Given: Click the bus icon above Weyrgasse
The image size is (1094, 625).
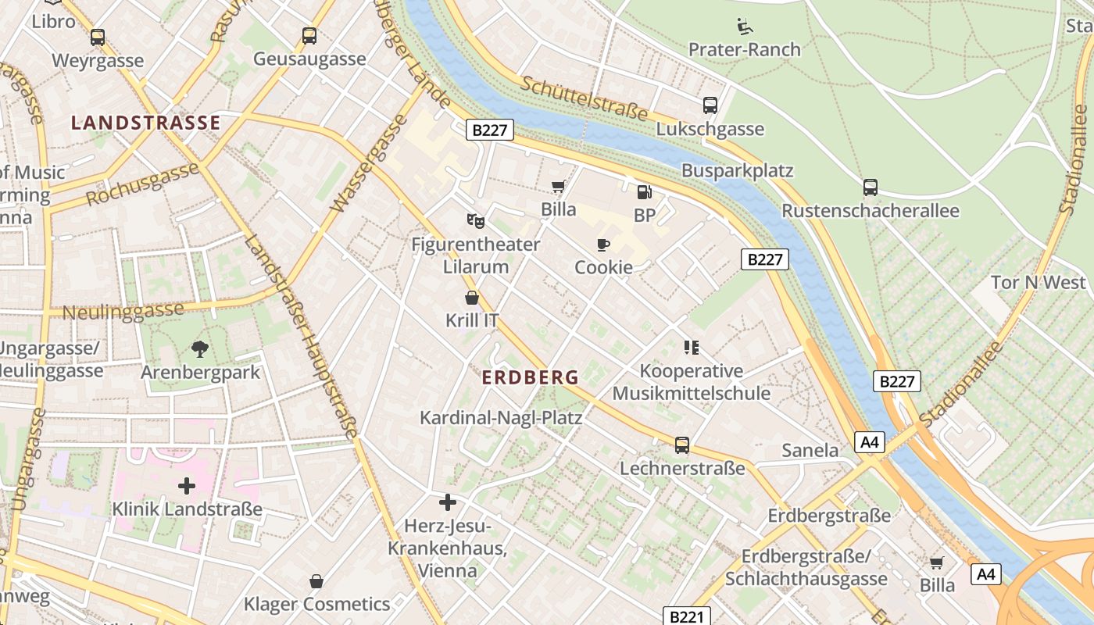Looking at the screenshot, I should [98, 37].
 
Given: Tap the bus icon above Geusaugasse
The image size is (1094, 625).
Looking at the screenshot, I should [309, 35].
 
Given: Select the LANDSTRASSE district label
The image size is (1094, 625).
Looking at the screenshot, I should [146, 123].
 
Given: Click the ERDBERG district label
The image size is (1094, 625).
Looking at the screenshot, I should [531, 377].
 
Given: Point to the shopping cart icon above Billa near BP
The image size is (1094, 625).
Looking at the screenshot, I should [559, 186].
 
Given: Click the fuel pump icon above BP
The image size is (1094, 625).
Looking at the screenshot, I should [644, 191].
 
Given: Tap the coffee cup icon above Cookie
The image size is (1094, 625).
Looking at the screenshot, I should [603, 245].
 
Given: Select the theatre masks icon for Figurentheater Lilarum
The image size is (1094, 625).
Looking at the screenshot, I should [475, 221].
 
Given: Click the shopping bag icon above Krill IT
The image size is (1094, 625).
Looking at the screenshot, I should [472, 298].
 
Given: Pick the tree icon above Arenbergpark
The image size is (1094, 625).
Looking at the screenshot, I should [200, 348].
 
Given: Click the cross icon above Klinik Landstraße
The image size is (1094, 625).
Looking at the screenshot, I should [187, 486].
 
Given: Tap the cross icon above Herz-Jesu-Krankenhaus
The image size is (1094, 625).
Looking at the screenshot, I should [448, 502].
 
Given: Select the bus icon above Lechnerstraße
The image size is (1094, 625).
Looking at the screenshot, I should [682, 445].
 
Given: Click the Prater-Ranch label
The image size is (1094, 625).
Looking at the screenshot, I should [744, 49].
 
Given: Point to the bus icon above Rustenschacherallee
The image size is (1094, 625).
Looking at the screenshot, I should [871, 187].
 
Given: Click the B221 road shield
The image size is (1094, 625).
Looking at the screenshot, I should [687, 616].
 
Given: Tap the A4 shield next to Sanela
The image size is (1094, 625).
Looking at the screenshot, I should [870, 443].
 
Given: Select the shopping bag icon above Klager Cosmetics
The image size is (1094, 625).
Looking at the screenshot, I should [316, 581].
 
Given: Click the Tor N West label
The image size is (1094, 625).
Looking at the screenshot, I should [1038, 282].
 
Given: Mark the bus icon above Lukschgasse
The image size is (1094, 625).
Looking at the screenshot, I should [710, 105].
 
